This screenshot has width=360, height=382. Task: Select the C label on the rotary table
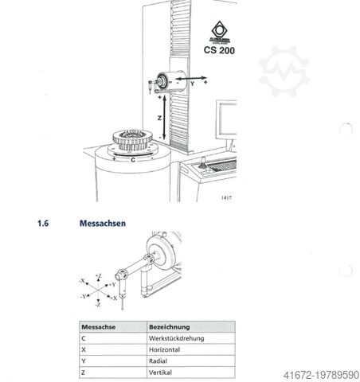132,159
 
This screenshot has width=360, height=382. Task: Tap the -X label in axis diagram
82,281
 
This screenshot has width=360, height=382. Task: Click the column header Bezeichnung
168,326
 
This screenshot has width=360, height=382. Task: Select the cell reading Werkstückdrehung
177,338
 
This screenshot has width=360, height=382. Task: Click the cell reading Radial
160,361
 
